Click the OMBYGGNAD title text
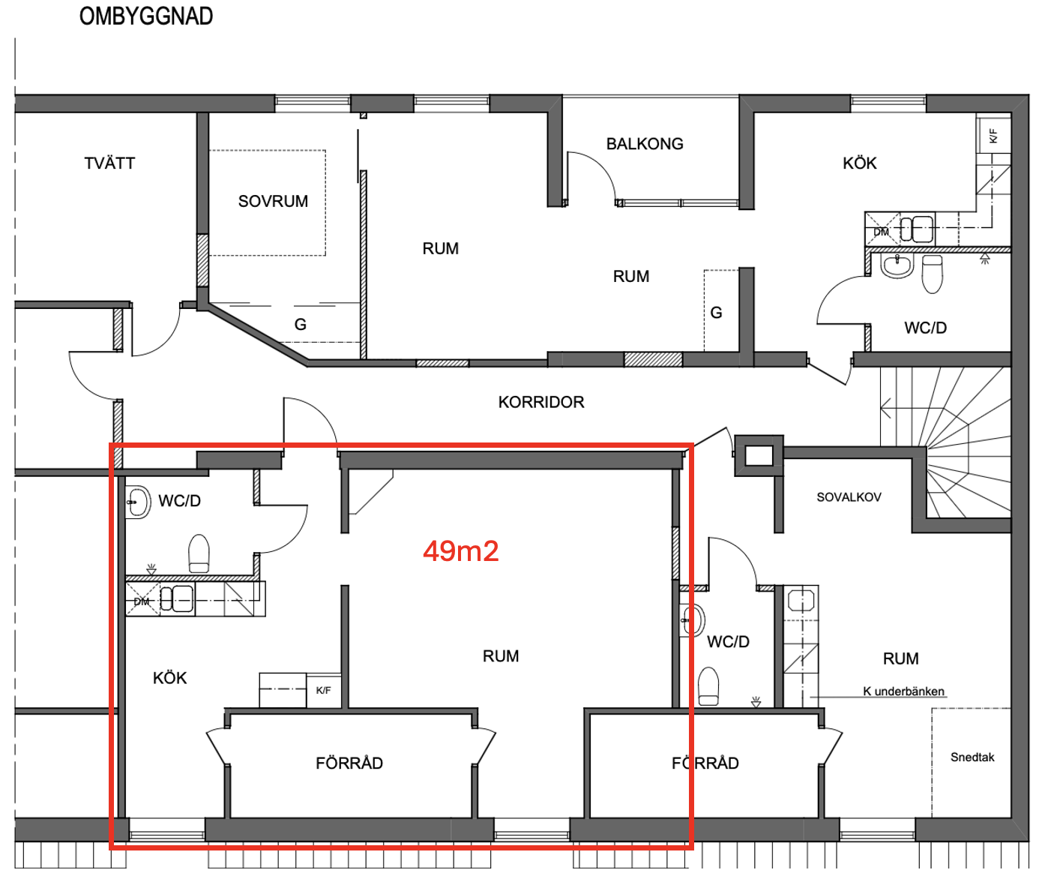[x=146, y=16]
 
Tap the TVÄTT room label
[x=109, y=163]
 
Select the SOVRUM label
[x=273, y=201]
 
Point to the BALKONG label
[x=645, y=144]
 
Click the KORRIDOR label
[x=541, y=402]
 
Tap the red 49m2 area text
[x=461, y=551]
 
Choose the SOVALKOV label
[x=849, y=497]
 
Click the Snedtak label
[x=972, y=757]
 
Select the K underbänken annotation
[x=903, y=691]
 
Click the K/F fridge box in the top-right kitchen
[x=993, y=136]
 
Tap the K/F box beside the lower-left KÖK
[x=324, y=691]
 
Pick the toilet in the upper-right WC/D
[x=933, y=274]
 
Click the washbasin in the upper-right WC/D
[x=898, y=265]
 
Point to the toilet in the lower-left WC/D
[x=199, y=553]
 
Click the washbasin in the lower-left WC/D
[x=137, y=502]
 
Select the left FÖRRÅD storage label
[x=349, y=763]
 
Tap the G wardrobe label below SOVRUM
[x=300, y=324]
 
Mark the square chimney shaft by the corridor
[x=759, y=456]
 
